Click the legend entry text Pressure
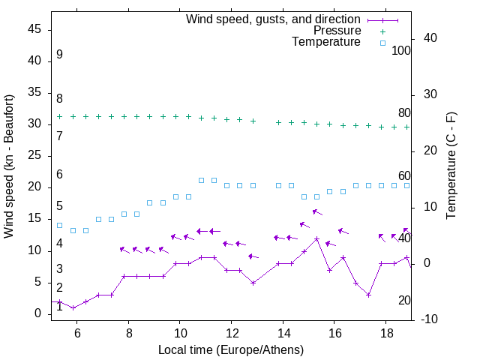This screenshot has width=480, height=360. click(337, 31)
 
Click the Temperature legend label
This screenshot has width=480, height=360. click(326, 42)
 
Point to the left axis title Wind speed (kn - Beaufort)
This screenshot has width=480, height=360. click(9, 166)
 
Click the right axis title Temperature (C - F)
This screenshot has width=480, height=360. click(451, 166)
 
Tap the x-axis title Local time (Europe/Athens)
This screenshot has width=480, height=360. click(231, 350)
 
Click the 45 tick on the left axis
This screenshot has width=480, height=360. click(34, 28)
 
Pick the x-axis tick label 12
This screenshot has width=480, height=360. click(231, 334)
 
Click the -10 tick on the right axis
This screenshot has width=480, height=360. click(431, 319)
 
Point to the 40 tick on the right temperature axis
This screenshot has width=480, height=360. click(430, 38)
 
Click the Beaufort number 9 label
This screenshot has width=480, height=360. click(59, 55)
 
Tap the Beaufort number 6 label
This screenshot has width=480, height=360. click(59, 175)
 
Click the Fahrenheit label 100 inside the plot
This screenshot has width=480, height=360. click(401, 50)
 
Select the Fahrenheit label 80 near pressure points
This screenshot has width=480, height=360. click(404, 113)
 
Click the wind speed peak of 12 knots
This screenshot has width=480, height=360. click(317, 238)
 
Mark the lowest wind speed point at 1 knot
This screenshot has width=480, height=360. click(73, 307)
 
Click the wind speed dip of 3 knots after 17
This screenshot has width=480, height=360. click(369, 295)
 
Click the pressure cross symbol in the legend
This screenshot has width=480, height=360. click(382, 31)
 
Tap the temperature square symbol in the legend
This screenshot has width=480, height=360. click(382, 43)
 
